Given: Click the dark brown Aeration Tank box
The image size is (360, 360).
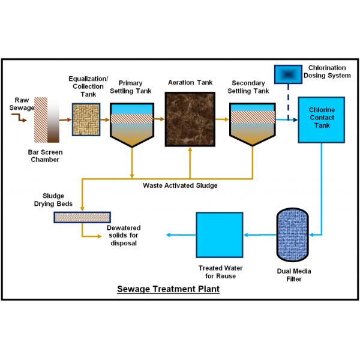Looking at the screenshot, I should pos(190,119).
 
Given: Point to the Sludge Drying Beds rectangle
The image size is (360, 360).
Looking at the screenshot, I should pos(81,217).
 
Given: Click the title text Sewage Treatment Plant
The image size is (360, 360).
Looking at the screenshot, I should pos(168,289).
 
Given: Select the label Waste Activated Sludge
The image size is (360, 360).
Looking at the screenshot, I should pos(180,185).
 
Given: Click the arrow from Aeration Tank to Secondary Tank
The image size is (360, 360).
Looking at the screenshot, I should pos(221,119).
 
